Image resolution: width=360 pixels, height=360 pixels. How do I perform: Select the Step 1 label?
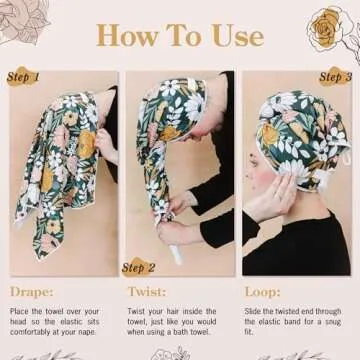click(x=22, y=77)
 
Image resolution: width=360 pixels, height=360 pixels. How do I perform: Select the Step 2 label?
click(x=139, y=267)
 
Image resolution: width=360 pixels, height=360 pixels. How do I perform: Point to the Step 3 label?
click(x=335, y=76)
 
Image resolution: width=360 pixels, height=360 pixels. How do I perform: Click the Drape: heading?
click(x=32, y=292)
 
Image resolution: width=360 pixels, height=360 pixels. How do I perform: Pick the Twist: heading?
click(x=146, y=292)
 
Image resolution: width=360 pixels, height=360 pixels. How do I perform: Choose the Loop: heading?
click(x=264, y=292)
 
